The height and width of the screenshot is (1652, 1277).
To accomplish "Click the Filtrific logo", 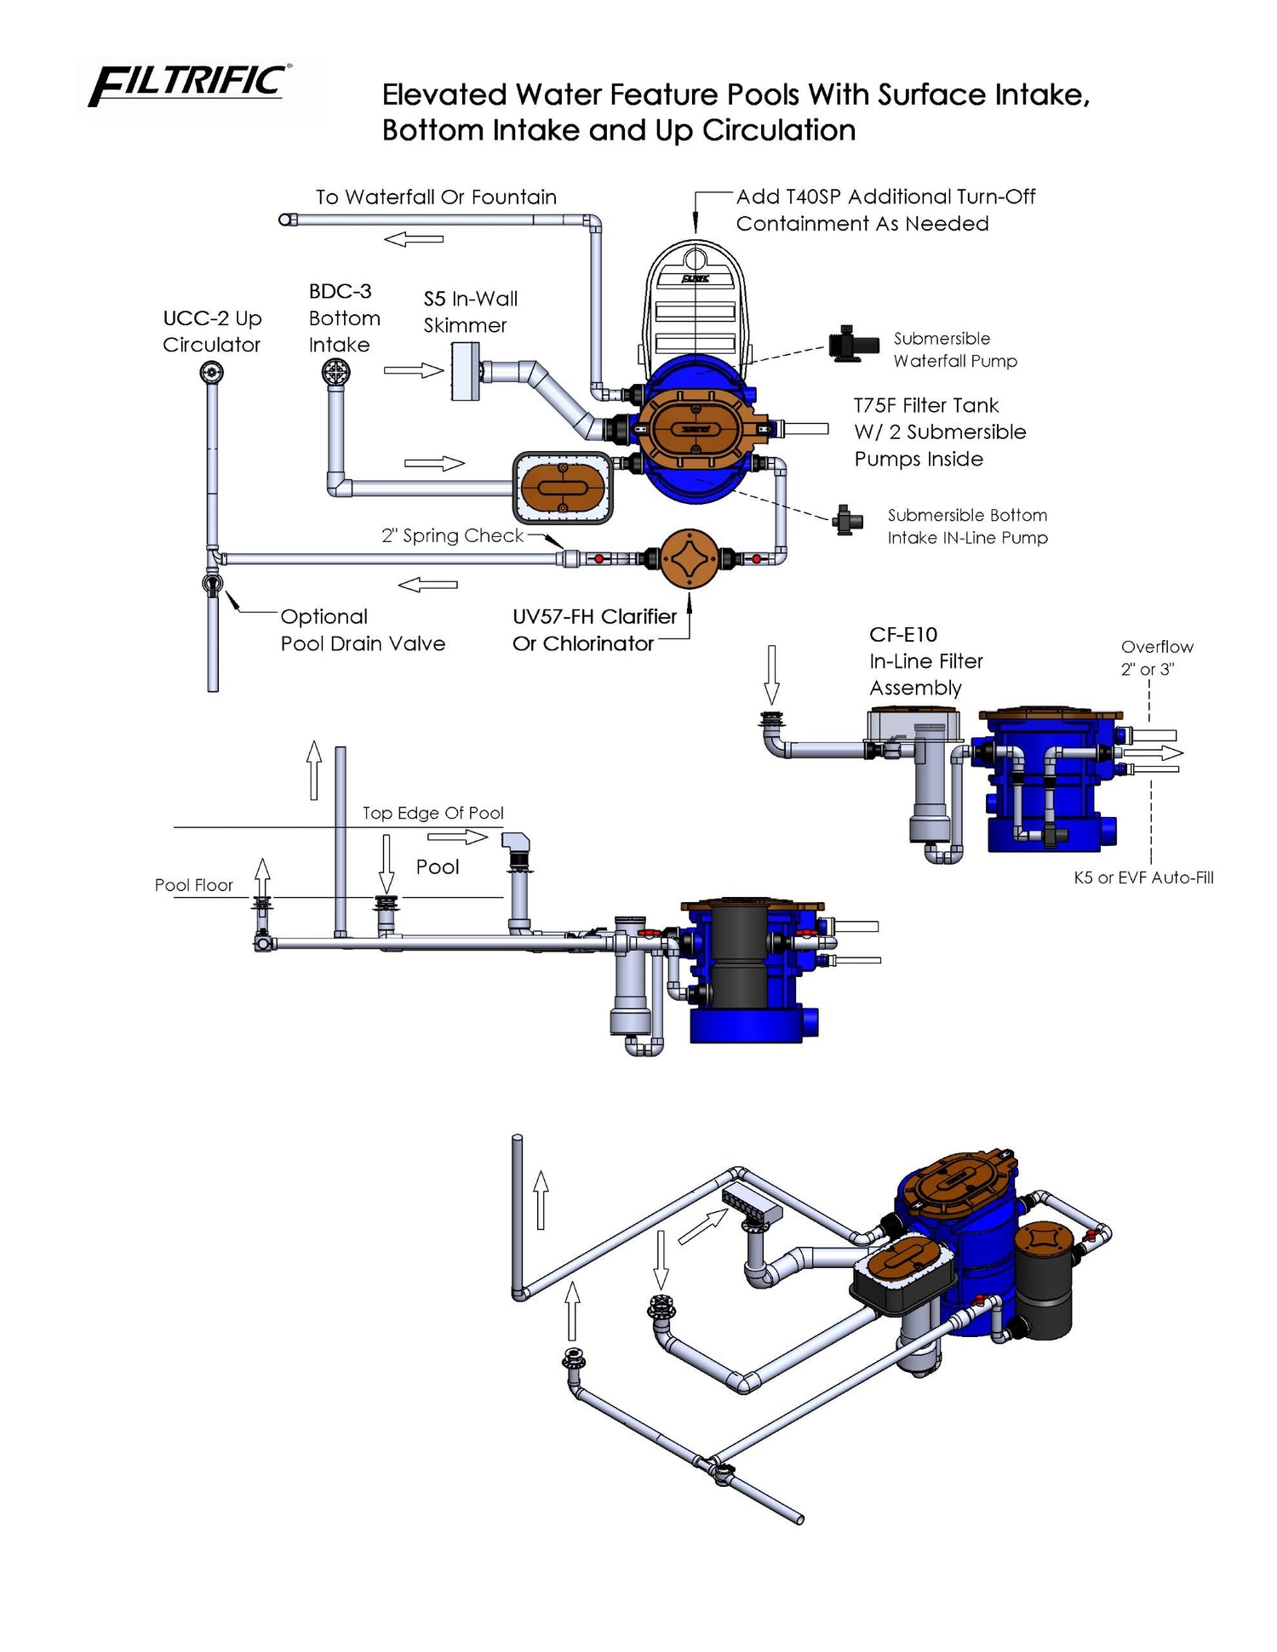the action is (x=190, y=85).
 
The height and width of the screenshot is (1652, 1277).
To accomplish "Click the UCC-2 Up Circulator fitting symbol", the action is (x=212, y=372).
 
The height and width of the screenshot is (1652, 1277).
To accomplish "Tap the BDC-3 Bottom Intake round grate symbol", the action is (x=336, y=372).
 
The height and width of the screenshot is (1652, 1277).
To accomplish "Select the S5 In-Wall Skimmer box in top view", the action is (x=466, y=371).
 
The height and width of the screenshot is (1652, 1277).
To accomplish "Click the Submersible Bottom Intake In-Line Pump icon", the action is (x=848, y=519).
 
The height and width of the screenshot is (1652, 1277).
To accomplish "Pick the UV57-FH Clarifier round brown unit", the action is (x=689, y=558).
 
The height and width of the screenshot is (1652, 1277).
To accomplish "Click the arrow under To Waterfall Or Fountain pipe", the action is (x=414, y=239).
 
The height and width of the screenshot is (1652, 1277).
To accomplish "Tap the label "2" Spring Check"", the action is (x=452, y=535).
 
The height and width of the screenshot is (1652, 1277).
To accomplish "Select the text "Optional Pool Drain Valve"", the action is (x=363, y=630).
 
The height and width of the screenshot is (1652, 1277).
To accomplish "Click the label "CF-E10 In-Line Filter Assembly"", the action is (x=926, y=661).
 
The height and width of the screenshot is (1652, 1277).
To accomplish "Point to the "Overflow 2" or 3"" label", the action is (x=1157, y=658).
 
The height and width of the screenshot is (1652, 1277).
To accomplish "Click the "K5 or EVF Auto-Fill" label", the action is (x=1143, y=877).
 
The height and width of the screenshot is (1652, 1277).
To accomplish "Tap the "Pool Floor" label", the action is (x=193, y=885).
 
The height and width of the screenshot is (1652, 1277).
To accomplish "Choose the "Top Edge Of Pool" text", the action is (x=433, y=813).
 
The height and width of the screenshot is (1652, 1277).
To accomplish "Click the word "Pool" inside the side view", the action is (x=438, y=866).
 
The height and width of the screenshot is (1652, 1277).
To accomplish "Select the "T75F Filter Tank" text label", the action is (x=926, y=405).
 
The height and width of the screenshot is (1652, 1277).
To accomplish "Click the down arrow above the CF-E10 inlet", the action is (x=772, y=674).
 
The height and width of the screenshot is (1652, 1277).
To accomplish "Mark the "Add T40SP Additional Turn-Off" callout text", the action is (x=885, y=197).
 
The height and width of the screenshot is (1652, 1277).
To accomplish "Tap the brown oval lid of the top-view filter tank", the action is (x=696, y=429).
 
